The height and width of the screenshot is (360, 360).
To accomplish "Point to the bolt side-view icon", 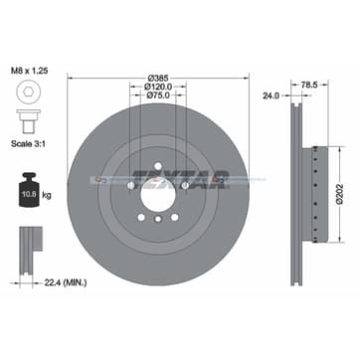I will coord(28,127).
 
